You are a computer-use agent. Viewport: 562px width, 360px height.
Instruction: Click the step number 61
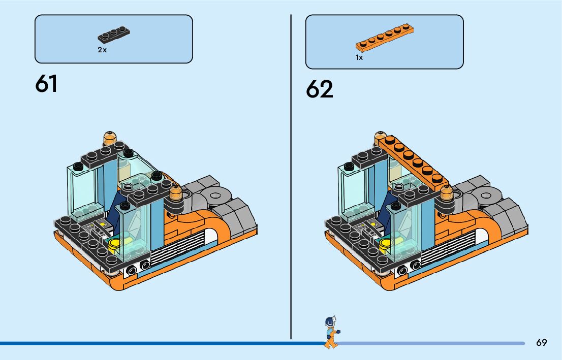click(x=46, y=84)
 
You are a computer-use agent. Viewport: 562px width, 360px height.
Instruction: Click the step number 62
click(x=320, y=89)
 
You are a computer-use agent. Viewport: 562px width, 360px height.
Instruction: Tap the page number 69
click(x=541, y=343)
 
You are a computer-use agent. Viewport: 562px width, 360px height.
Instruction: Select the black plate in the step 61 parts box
click(x=115, y=36)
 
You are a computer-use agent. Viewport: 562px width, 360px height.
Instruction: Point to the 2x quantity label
click(x=102, y=50)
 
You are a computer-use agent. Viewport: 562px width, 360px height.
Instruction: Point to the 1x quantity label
click(x=359, y=58)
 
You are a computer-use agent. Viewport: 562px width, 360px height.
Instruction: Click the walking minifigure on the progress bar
click(x=331, y=333)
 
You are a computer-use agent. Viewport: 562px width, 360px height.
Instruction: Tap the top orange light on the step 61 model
click(x=110, y=138)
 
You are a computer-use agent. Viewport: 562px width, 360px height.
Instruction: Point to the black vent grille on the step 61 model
click(x=178, y=249)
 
